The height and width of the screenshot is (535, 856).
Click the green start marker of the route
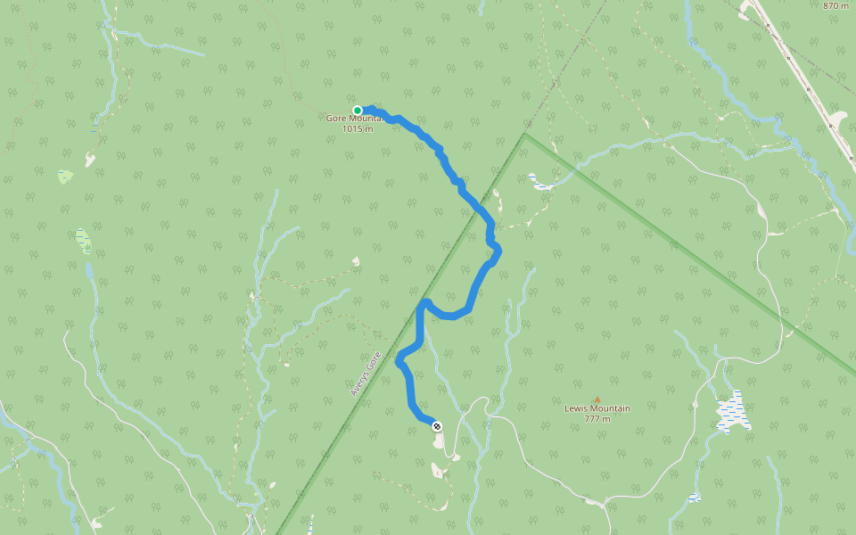tap(358, 111)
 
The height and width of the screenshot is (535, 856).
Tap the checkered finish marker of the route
tap(437, 426)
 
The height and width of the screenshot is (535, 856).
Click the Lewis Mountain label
tap(597, 409)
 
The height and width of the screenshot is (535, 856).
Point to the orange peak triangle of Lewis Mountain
tap(597, 399)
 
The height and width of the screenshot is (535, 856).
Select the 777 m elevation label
tap(597, 419)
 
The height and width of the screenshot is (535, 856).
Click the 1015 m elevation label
tap(357, 129)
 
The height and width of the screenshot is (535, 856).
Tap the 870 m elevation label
tap(835, 5)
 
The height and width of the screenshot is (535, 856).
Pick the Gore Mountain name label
tap(354, 119)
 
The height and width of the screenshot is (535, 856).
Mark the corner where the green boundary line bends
tap(525, 135)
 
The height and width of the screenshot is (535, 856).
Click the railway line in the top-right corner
tap(802, 80)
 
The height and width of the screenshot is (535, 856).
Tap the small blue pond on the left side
tap(83, 238)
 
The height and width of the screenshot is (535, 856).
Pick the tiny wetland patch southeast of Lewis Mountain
tap(694, 497)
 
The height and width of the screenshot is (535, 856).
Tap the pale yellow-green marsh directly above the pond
tap(65, 177)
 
